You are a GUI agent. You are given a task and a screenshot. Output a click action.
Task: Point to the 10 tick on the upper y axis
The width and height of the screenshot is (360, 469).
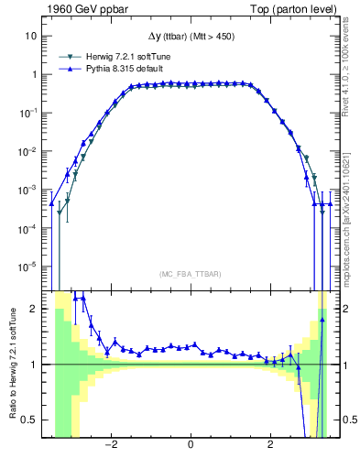30,36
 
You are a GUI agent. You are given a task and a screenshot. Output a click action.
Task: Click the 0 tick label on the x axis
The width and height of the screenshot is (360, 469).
190,446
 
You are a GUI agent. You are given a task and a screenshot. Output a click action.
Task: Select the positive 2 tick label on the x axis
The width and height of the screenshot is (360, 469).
270,446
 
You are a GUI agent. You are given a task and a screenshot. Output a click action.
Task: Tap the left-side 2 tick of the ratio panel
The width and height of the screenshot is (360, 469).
33,309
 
